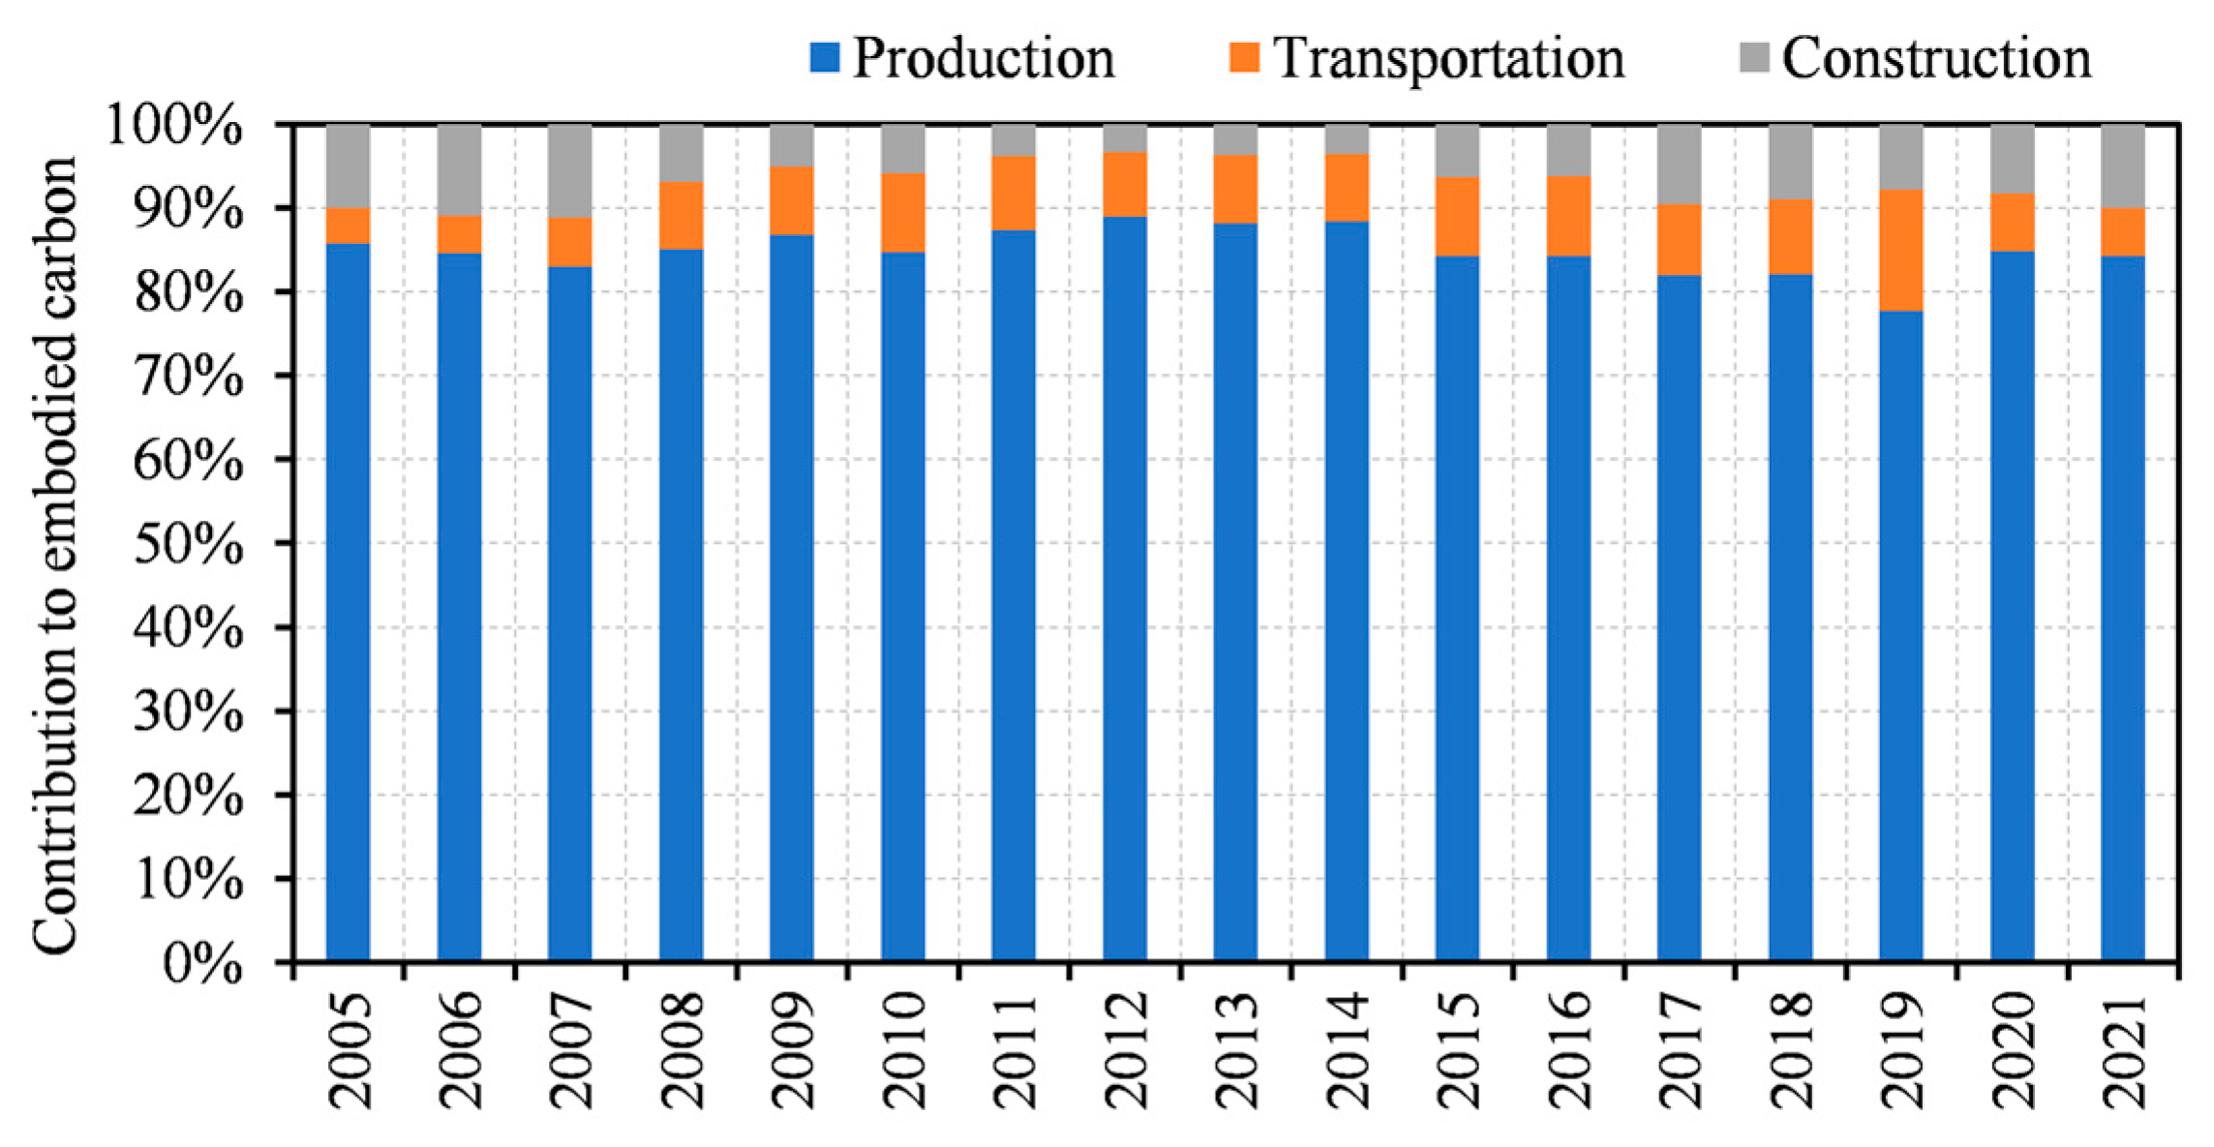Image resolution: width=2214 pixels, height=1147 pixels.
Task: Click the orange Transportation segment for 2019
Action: click(1900, 250)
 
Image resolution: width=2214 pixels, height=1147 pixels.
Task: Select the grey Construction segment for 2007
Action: click(569, 170)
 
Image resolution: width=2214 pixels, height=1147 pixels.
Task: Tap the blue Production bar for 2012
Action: click(1124, 589)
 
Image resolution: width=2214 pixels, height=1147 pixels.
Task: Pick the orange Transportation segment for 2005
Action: click(348, 226)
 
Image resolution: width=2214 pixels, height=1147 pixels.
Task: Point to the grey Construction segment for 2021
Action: click(2122, 166)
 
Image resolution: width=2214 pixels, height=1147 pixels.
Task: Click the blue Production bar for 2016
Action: click(1568, 608)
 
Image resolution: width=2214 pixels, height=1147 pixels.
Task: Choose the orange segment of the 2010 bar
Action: click(902, 213)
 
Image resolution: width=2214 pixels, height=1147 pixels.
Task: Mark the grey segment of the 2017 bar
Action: click(1679, 164)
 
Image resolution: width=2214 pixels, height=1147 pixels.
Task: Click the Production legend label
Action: click(983, 58)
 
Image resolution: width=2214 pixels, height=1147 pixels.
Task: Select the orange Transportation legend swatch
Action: click(1244, 57)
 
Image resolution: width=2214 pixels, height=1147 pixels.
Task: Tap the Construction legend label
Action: click(1936, 58)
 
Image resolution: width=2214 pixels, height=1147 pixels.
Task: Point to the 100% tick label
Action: click(174, 126)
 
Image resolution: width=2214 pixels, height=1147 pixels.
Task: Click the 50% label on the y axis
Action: click(188, 545)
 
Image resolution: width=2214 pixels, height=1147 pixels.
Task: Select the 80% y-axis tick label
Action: click(188, 293)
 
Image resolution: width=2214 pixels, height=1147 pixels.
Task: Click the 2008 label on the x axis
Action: click(682, 1050)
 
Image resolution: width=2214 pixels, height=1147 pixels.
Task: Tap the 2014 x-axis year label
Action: click(1348, 1050)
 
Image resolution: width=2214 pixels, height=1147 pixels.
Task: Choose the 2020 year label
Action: click(2013, 1050)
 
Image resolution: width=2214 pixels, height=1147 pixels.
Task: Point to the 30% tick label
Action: click(188, 713)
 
